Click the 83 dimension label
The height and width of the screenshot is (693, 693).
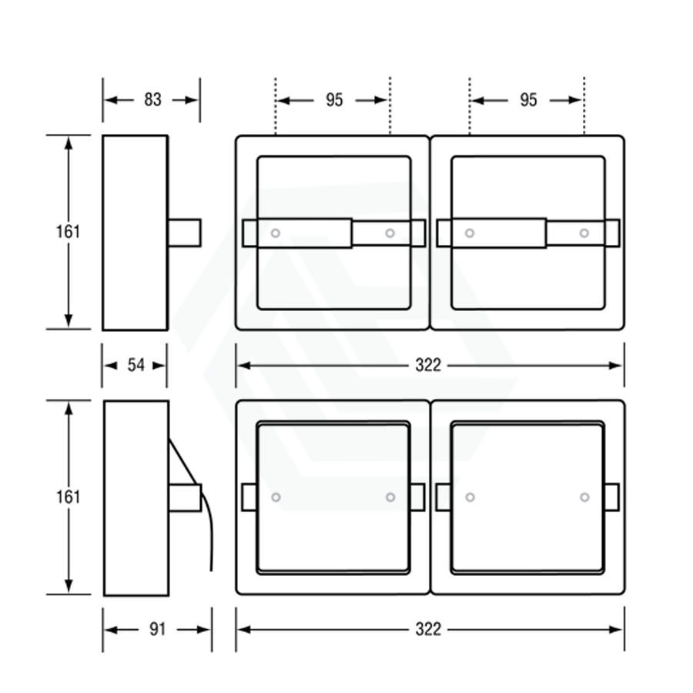tap(152, 100)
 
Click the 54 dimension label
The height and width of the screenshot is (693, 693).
tap(136, 365)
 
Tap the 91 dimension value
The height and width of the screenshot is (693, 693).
tap(157, 629)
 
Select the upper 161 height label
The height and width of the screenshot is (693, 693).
tap(68, 232)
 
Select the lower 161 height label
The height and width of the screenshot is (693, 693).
tap(68, 497)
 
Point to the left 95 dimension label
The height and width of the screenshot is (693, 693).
tap(334, 100)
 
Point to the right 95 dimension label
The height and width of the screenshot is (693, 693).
tap(528, 100)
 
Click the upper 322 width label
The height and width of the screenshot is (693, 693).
tap(428, 365)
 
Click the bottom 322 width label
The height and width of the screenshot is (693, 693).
tap(428, 629)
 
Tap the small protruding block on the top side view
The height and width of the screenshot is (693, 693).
tap(185, 233)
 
